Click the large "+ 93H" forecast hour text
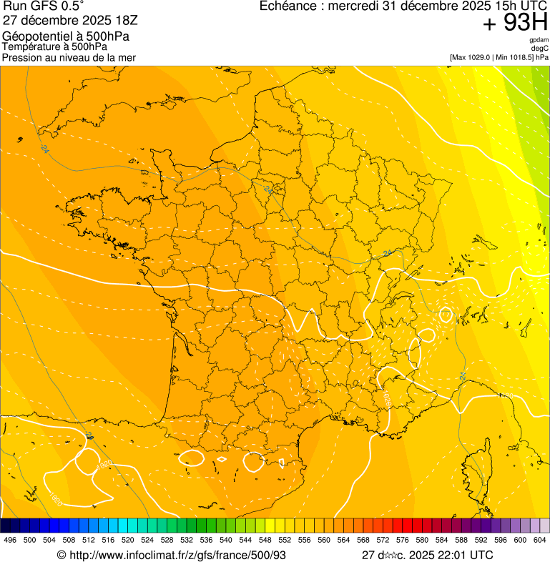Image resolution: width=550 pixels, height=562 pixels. (515, 24)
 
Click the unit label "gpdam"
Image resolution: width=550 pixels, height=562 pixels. (539, 41)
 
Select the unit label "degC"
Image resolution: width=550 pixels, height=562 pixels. (540, 49)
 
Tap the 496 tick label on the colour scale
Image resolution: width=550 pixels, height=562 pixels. (10, 540)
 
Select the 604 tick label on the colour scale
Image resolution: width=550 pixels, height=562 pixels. (540, 540)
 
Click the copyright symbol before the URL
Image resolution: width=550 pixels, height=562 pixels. (62, 555)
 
